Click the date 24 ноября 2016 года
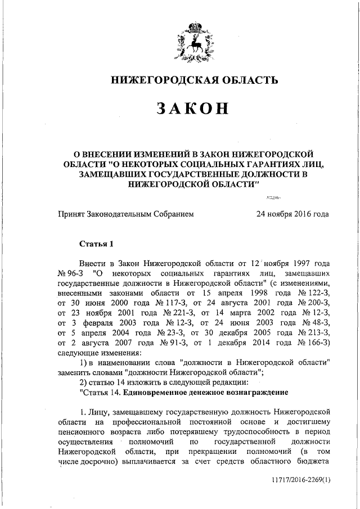coord(292,214)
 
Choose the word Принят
coord(72,214)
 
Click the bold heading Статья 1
coord(96,244)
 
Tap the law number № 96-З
coord(71,273)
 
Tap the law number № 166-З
coord(313,344)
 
